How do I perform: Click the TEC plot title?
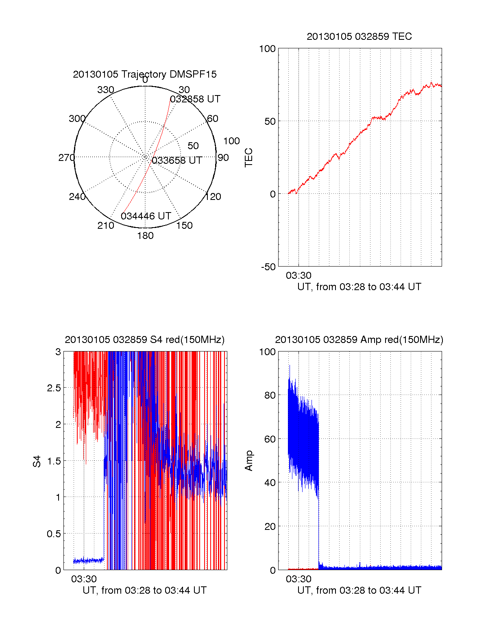359,37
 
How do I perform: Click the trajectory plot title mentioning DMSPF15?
145,74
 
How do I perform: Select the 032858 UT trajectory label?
195,99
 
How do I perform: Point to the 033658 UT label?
177,161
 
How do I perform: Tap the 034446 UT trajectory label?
146,216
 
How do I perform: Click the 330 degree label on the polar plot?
106,90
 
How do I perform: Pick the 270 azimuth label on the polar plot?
66,158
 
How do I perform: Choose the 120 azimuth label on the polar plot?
213,197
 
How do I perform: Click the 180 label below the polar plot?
145,236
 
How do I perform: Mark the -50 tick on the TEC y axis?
268,267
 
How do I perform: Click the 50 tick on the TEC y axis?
270,121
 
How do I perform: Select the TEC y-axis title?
248,158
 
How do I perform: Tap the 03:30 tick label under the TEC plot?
298,276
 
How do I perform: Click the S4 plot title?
145,340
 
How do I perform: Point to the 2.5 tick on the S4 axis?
54,388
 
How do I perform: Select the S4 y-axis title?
37,461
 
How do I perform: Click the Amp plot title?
359,340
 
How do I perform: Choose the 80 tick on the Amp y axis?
270,395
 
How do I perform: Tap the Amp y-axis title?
248,461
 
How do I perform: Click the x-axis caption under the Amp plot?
359,590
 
